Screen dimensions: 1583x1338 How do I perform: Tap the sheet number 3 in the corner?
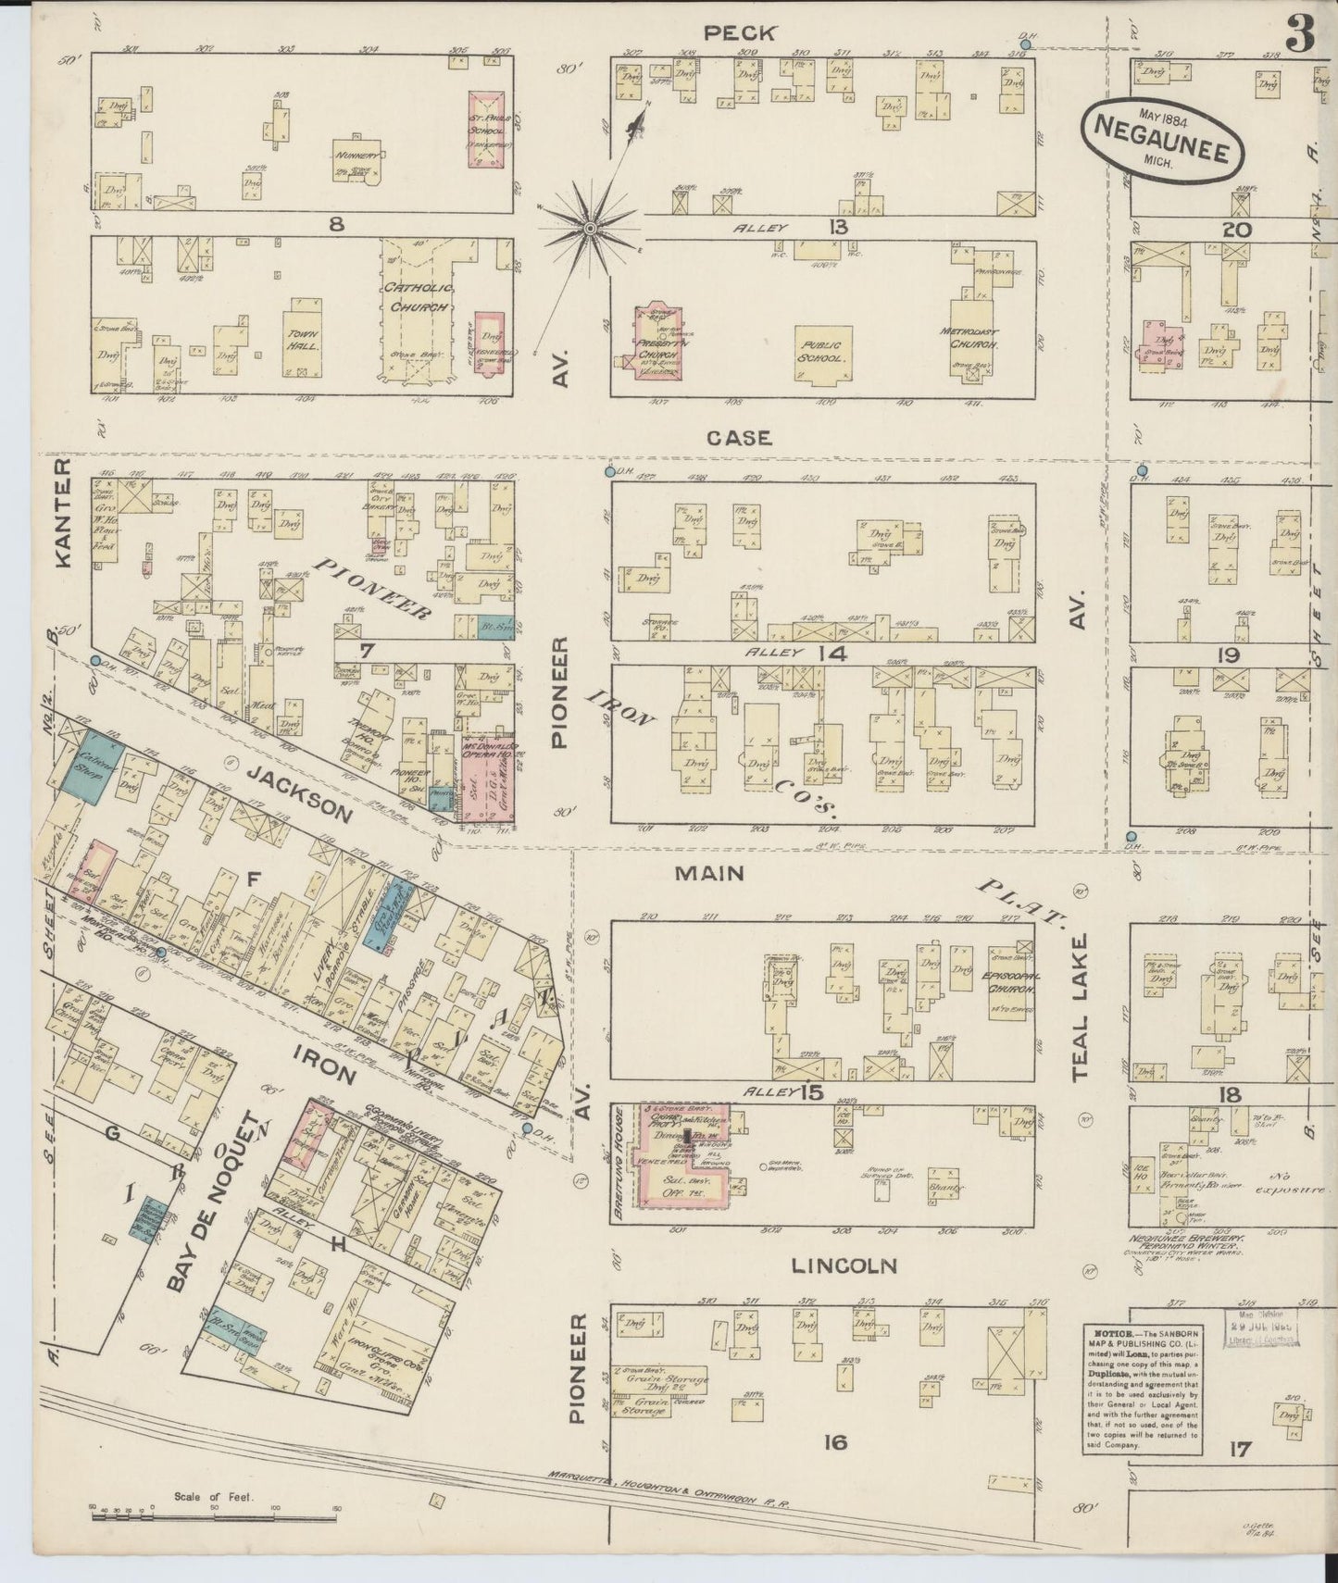[1299, 37]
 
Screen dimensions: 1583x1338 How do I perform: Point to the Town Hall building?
[305, 337]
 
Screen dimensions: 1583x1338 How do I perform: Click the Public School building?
[820, 355]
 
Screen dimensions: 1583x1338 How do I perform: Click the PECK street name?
[752, 32]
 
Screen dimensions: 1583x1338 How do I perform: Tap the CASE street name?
[738, 437]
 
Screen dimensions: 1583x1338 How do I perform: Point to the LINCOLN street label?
[844, 1265]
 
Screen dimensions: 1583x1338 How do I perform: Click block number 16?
[835, 1441]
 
